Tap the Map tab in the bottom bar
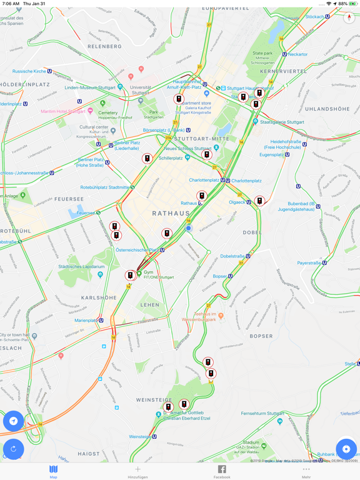[x=53, y=471]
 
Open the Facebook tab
[x=222, y=471]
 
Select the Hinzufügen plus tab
[x=137, y=471]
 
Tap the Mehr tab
[x=306, y=471]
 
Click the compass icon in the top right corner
[x=349, y=17]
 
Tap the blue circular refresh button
[x=13, y=448]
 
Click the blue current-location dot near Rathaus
[x=189, y=229]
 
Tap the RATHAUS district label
[x=171, y=214]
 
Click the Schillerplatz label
[x=171, y=158]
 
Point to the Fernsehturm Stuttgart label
[x=262, y=414]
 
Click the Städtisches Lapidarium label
[x=82, y=267]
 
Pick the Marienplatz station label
[x=86, y=321]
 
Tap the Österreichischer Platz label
[x=137, y=250]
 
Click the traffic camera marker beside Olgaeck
[x=259, y=201]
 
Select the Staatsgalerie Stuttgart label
[x=282, y=122]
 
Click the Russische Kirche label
[x=29, y=71]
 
